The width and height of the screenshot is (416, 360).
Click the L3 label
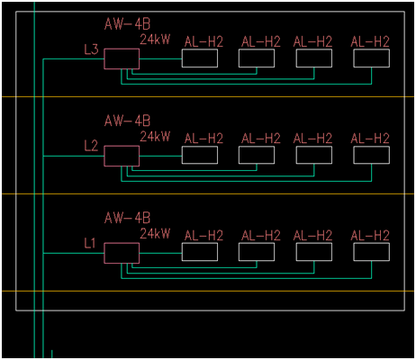coord(91,49)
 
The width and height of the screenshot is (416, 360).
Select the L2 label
coord(91,146)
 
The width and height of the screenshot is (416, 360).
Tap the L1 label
coord(90,243)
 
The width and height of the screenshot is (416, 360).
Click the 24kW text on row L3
coord(155,40)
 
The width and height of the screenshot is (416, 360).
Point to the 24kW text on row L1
coord(155,233)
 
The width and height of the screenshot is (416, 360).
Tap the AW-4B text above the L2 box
coord(127,121)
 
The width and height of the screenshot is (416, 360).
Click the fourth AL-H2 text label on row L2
coord(370,139)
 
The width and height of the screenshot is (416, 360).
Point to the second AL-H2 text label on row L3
coord(261,41)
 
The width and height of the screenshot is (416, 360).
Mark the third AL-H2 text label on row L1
coord(312,236)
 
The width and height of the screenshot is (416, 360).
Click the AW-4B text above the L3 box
coord(127,24)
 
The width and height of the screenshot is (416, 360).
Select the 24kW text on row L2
coord(155,137)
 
